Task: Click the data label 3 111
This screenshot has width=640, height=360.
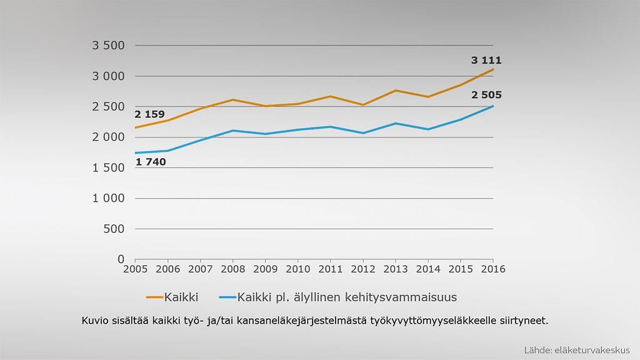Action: click(x=486, y=61)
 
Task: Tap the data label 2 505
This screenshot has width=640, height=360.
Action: click(x=486, y=95)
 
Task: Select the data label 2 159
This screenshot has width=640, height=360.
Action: click(x=149, y=114)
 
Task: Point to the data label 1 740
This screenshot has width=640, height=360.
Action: click(x=150, y=162)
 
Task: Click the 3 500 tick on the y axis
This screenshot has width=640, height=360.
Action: click(x=108, y=46)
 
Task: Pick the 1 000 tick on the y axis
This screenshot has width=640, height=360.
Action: click(x=108, y=198)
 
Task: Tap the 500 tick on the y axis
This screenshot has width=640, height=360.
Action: click(x=113, y=229)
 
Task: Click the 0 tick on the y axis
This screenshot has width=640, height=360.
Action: click(x=121, y=259)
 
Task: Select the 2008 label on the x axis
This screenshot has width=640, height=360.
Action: click(x=232, y=269)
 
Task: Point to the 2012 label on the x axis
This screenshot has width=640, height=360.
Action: click(x=363, y=269)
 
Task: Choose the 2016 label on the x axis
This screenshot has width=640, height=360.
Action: click(x=493, y=269)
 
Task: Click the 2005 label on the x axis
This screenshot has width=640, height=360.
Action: click(x=135, y=269)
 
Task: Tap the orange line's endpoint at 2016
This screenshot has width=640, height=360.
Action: click(x=493, y=69)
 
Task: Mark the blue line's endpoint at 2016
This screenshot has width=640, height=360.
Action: click(x=493, y=106)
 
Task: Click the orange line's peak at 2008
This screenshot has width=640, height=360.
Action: click(x=232, y=99)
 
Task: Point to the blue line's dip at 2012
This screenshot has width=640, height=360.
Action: click(x=363, y=133)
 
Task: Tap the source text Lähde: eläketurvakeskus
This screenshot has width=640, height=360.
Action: click(x=577, y=350)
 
